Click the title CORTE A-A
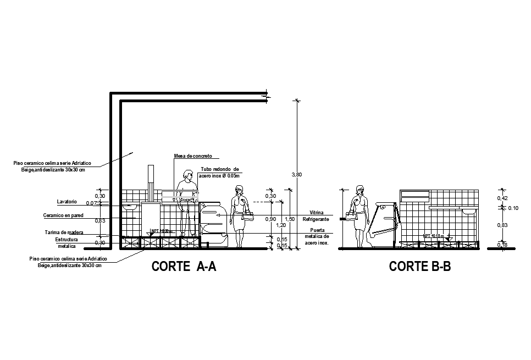pyautogui.click(x=184, y=267)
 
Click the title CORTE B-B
pyautogui.click(x=420, y=267)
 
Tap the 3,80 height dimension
pyautogui.click(x=296, y=175)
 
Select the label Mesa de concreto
pyautogui.click(x=193, y=156)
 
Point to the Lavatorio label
pyautogui.click(x=67, y=202)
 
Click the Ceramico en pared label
pyautogui.click(x=63, y=215)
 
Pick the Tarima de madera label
pyautogui.click(x=64, y=232)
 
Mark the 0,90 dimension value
pyautogui.click(x=270, y=219)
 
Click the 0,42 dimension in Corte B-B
pyautogui.click(x=502, y=198)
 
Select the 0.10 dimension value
pyautogui.click(x=513, y=208)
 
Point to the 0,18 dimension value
pyautogui.click(x=502, y=245)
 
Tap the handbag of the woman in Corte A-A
pyautogui.click(x=248, y=216)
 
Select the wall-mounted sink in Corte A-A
pyautogui.click(x=130, y=207)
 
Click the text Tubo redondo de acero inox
pyautogui.click(x=220, y=172)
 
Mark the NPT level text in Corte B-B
pyautogui.click(x=434, y=236)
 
